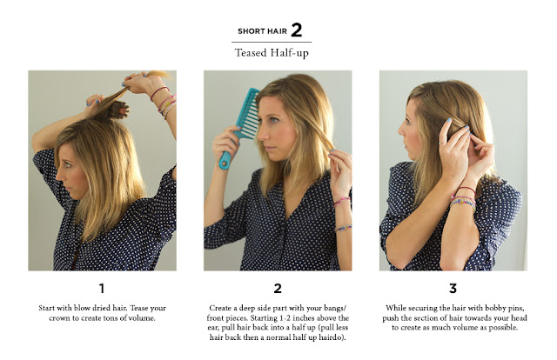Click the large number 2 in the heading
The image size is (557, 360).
point(297,30)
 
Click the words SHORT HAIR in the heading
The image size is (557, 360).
point(262,31)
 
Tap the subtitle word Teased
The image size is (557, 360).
point(251,53)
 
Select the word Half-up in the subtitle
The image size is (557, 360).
point(290,53)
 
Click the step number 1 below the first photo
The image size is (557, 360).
point(102,289)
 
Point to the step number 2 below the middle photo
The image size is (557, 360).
point(278,289)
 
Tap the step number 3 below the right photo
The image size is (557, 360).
point(453,289)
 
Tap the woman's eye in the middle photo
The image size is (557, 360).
point(274,120)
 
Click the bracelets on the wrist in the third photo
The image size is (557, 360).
point(464,199)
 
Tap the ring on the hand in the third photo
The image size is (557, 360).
point(440,143)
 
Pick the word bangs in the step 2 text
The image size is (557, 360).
point(336,308)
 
